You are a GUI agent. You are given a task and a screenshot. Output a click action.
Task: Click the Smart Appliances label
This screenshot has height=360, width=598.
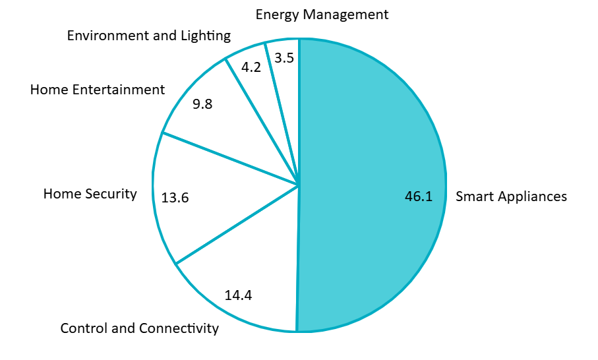click(x=511, y=196)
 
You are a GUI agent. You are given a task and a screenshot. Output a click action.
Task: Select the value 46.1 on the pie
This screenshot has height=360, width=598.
click(x=419, y=196)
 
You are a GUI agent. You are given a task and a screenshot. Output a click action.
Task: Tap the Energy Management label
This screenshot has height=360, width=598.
click(x=322, y=14)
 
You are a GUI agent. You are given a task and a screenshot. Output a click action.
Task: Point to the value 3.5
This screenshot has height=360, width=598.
click(x=284, y=58)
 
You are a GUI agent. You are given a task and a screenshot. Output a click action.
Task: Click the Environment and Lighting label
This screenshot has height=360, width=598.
click(x=149, y=36)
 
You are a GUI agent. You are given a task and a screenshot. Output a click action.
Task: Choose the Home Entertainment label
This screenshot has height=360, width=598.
click(x=98, y=89)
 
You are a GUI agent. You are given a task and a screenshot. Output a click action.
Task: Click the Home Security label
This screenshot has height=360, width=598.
click(x=90, y=194)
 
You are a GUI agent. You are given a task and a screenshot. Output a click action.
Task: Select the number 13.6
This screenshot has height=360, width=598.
click(x=175, y=198)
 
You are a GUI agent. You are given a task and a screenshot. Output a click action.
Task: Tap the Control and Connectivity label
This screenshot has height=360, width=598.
click(x=139, y=328)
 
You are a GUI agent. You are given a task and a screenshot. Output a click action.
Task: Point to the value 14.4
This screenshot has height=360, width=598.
click(x=238, y=295)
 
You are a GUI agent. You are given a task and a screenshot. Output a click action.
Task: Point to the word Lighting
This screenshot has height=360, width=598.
click(x=204, y=36)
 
